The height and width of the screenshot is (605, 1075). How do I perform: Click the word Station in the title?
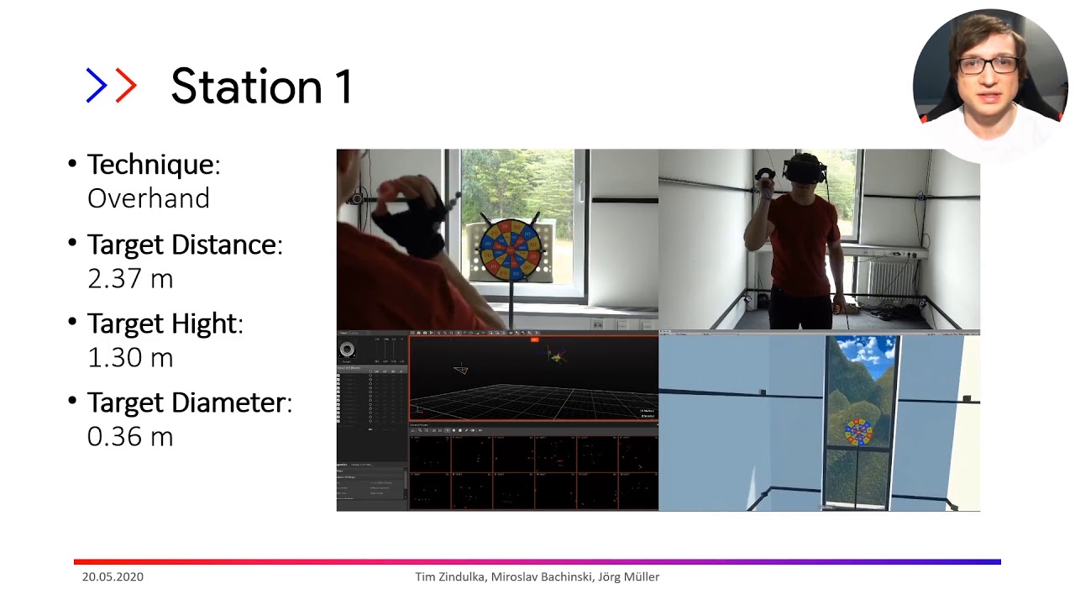[236, 87]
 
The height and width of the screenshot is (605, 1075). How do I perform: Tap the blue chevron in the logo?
[97, 86]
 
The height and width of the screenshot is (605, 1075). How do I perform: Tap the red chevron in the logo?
[125, 86]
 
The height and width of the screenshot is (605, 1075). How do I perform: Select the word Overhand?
[149, 198]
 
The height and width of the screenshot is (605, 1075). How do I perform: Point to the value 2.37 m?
[130, 278]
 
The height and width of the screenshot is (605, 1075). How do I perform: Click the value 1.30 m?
[130, 357]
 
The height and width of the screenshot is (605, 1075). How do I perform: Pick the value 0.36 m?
[130, 436]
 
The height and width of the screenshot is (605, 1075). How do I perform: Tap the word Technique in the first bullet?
[150, 164]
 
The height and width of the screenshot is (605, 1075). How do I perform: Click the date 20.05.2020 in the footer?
[113, 577]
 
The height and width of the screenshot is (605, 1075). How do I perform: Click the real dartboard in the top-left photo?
[509, 250]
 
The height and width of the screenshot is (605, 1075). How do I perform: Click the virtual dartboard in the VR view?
[858, 432]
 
